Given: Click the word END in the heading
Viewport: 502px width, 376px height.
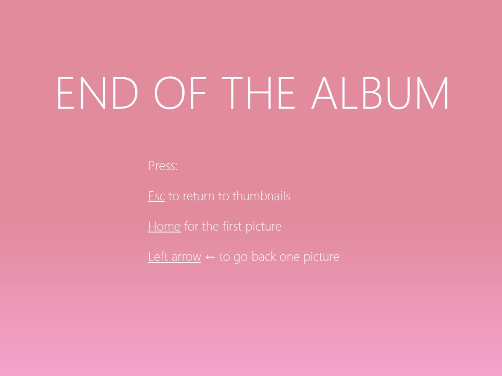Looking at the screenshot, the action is pos(97,93).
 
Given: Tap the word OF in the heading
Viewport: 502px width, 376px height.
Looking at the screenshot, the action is pos(180,93).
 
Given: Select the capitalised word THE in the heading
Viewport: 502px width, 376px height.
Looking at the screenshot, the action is pos(258,93).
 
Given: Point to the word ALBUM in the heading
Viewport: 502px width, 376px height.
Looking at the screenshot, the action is pos(380,93).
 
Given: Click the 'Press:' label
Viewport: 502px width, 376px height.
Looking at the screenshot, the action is pos(163,166).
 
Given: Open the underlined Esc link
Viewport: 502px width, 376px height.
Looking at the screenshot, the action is pos(157,196).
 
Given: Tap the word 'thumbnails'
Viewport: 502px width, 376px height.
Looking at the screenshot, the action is pos(261,196).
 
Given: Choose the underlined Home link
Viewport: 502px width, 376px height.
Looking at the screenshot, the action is pos(164,226).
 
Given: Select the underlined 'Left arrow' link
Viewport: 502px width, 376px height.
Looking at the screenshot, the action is pos(175,257).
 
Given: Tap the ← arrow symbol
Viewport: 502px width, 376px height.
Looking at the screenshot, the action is pos(210,257).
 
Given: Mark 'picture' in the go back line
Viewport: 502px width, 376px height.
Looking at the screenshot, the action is pos(321,257).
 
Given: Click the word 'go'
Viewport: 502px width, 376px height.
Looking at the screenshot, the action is pos(241,258).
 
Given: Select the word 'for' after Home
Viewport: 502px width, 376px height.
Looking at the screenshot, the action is pos(191,226).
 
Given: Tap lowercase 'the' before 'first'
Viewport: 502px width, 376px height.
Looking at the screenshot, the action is pos(210,226).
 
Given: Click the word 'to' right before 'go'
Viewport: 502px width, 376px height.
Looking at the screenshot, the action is pos(224,257).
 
